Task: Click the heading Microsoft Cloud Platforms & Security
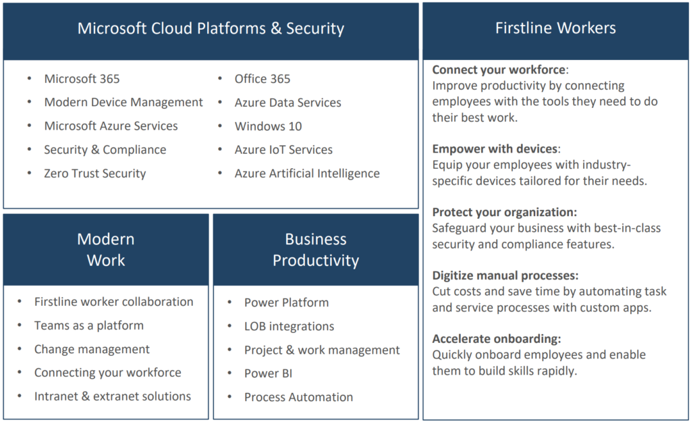pos(211,28)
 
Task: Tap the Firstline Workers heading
pos(555,28)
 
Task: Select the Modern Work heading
pos(106,250)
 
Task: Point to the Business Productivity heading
pos(316,250)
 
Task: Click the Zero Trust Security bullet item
pos(94,174)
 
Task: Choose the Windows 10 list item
pos(268,126)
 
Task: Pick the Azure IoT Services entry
pos(283,149)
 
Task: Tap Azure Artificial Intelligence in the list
pos(307,174)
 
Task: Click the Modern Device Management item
pos(123,103)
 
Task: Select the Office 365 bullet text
pos(262,78)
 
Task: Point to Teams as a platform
pos(89,325)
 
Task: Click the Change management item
pos(92,349)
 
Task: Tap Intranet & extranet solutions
pos(113,396)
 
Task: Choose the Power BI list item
pos(269,373)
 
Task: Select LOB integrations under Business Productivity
pos(289,326)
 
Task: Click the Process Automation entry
pos(299,397)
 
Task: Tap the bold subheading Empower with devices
pos(495,149)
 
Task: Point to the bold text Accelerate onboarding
pos(495,339)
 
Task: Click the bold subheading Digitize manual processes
pos(504,275)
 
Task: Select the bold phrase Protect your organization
pos(503,212)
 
